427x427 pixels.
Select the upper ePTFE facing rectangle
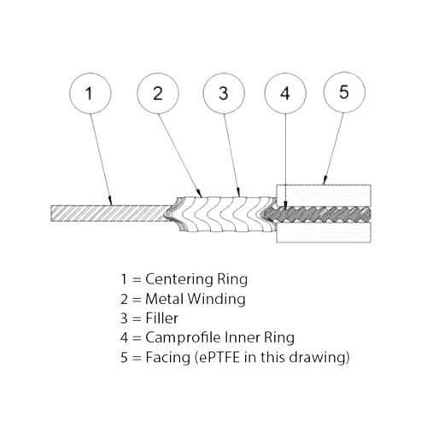(324, 196)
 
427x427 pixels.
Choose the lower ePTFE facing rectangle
(324, 232)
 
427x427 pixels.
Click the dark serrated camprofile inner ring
(318, 214)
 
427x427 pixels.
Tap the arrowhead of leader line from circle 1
(110, 202)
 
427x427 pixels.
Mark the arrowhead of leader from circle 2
(200, 194)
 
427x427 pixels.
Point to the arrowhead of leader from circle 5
(324, 181)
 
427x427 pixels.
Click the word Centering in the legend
(179, 279)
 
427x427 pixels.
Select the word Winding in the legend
(216, 299)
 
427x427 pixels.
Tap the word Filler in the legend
(161, 318)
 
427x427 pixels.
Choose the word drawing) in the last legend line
(319, 357)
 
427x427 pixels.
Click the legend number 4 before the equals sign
(124, 337)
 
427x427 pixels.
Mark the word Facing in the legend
(167, 358)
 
